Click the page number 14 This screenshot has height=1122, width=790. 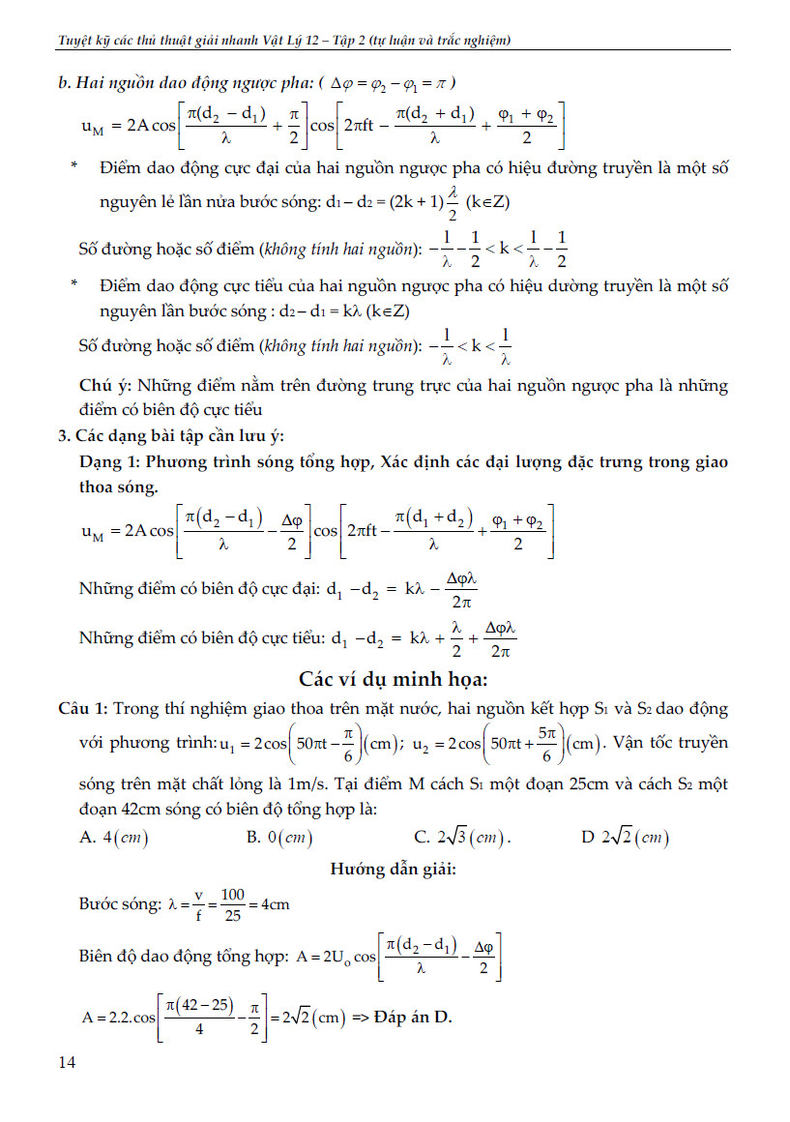(68, 1063)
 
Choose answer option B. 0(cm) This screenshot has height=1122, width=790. (280, 837)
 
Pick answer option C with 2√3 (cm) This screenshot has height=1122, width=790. (463, 837)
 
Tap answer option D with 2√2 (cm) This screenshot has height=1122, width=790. (626, 837)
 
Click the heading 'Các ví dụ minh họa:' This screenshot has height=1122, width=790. (395, 675)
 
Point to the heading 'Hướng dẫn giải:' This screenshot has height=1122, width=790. (394, 870)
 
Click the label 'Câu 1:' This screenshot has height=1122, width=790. (84, 709)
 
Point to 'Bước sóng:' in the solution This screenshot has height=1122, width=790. (120, 905)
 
